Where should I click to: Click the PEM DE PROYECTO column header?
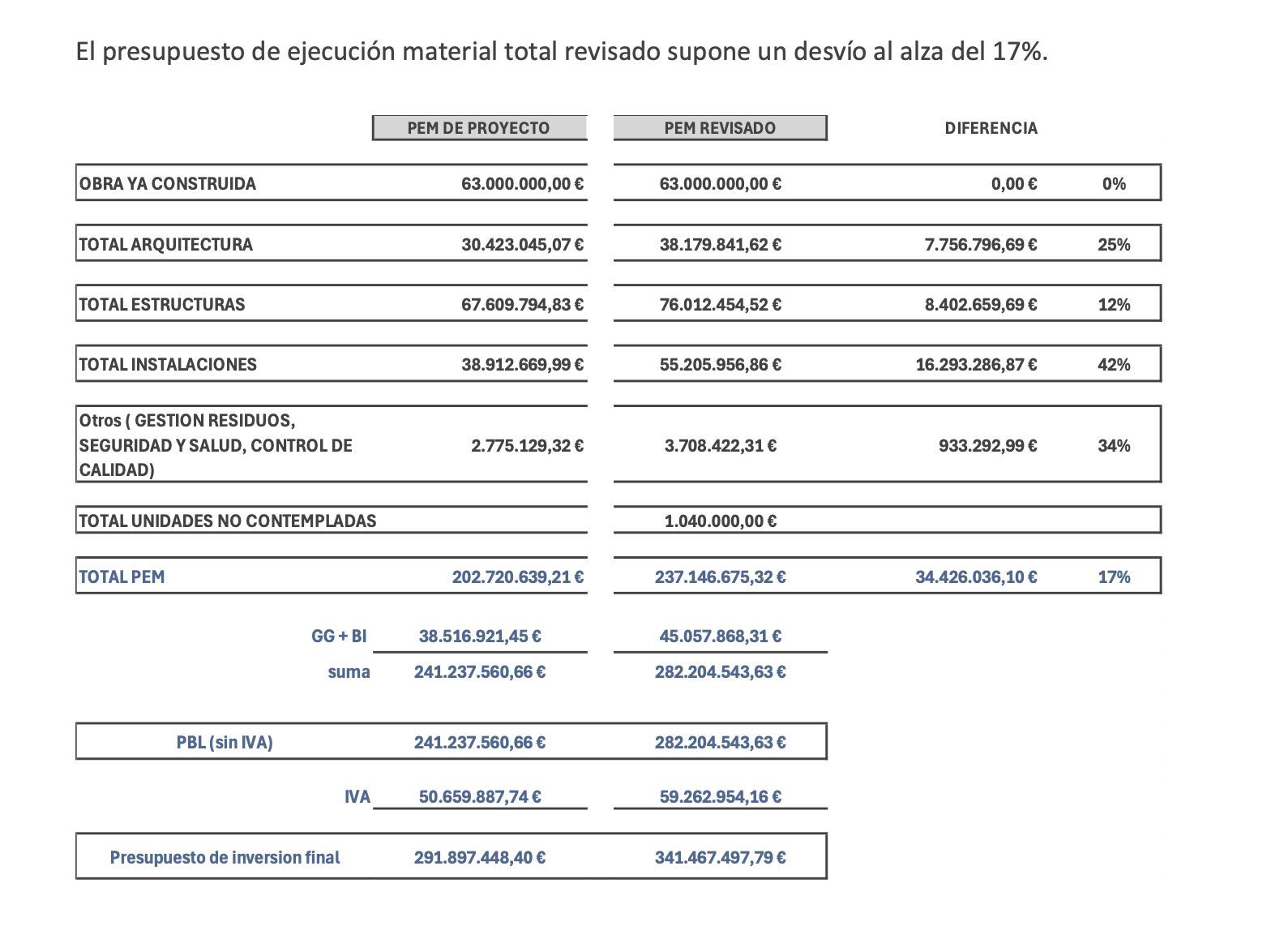(x=478, y=128)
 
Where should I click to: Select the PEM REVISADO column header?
(x=720, y=128)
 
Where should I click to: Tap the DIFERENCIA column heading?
(x=991, y=128)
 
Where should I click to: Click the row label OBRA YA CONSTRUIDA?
(x=168, y=184)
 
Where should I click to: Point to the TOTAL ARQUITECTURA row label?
(x=166, y=245)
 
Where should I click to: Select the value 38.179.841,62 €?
(x=720, y=245)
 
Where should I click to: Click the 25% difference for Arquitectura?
(x=1114, y=245)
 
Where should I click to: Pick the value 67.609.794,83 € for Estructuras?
(x=522, y=305)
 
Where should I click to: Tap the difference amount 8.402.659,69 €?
(x=980, y=305)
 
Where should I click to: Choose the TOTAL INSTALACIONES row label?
(x=168, y=365)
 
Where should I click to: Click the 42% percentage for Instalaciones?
(x=1114, y=365)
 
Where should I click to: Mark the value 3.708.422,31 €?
(x=720, y=446)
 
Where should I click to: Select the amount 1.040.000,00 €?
(x=720, y=521)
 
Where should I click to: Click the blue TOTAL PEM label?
(x=122, y=577)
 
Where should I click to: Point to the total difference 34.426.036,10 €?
(x=976, y=577)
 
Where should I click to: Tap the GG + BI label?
(x=339, y=637)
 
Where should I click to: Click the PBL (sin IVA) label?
(x=225, y=743)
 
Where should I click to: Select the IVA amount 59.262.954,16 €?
(x=720, y=797)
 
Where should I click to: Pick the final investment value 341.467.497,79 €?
(x=720, y=858)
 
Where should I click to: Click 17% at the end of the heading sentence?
(x=1018, y=52)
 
